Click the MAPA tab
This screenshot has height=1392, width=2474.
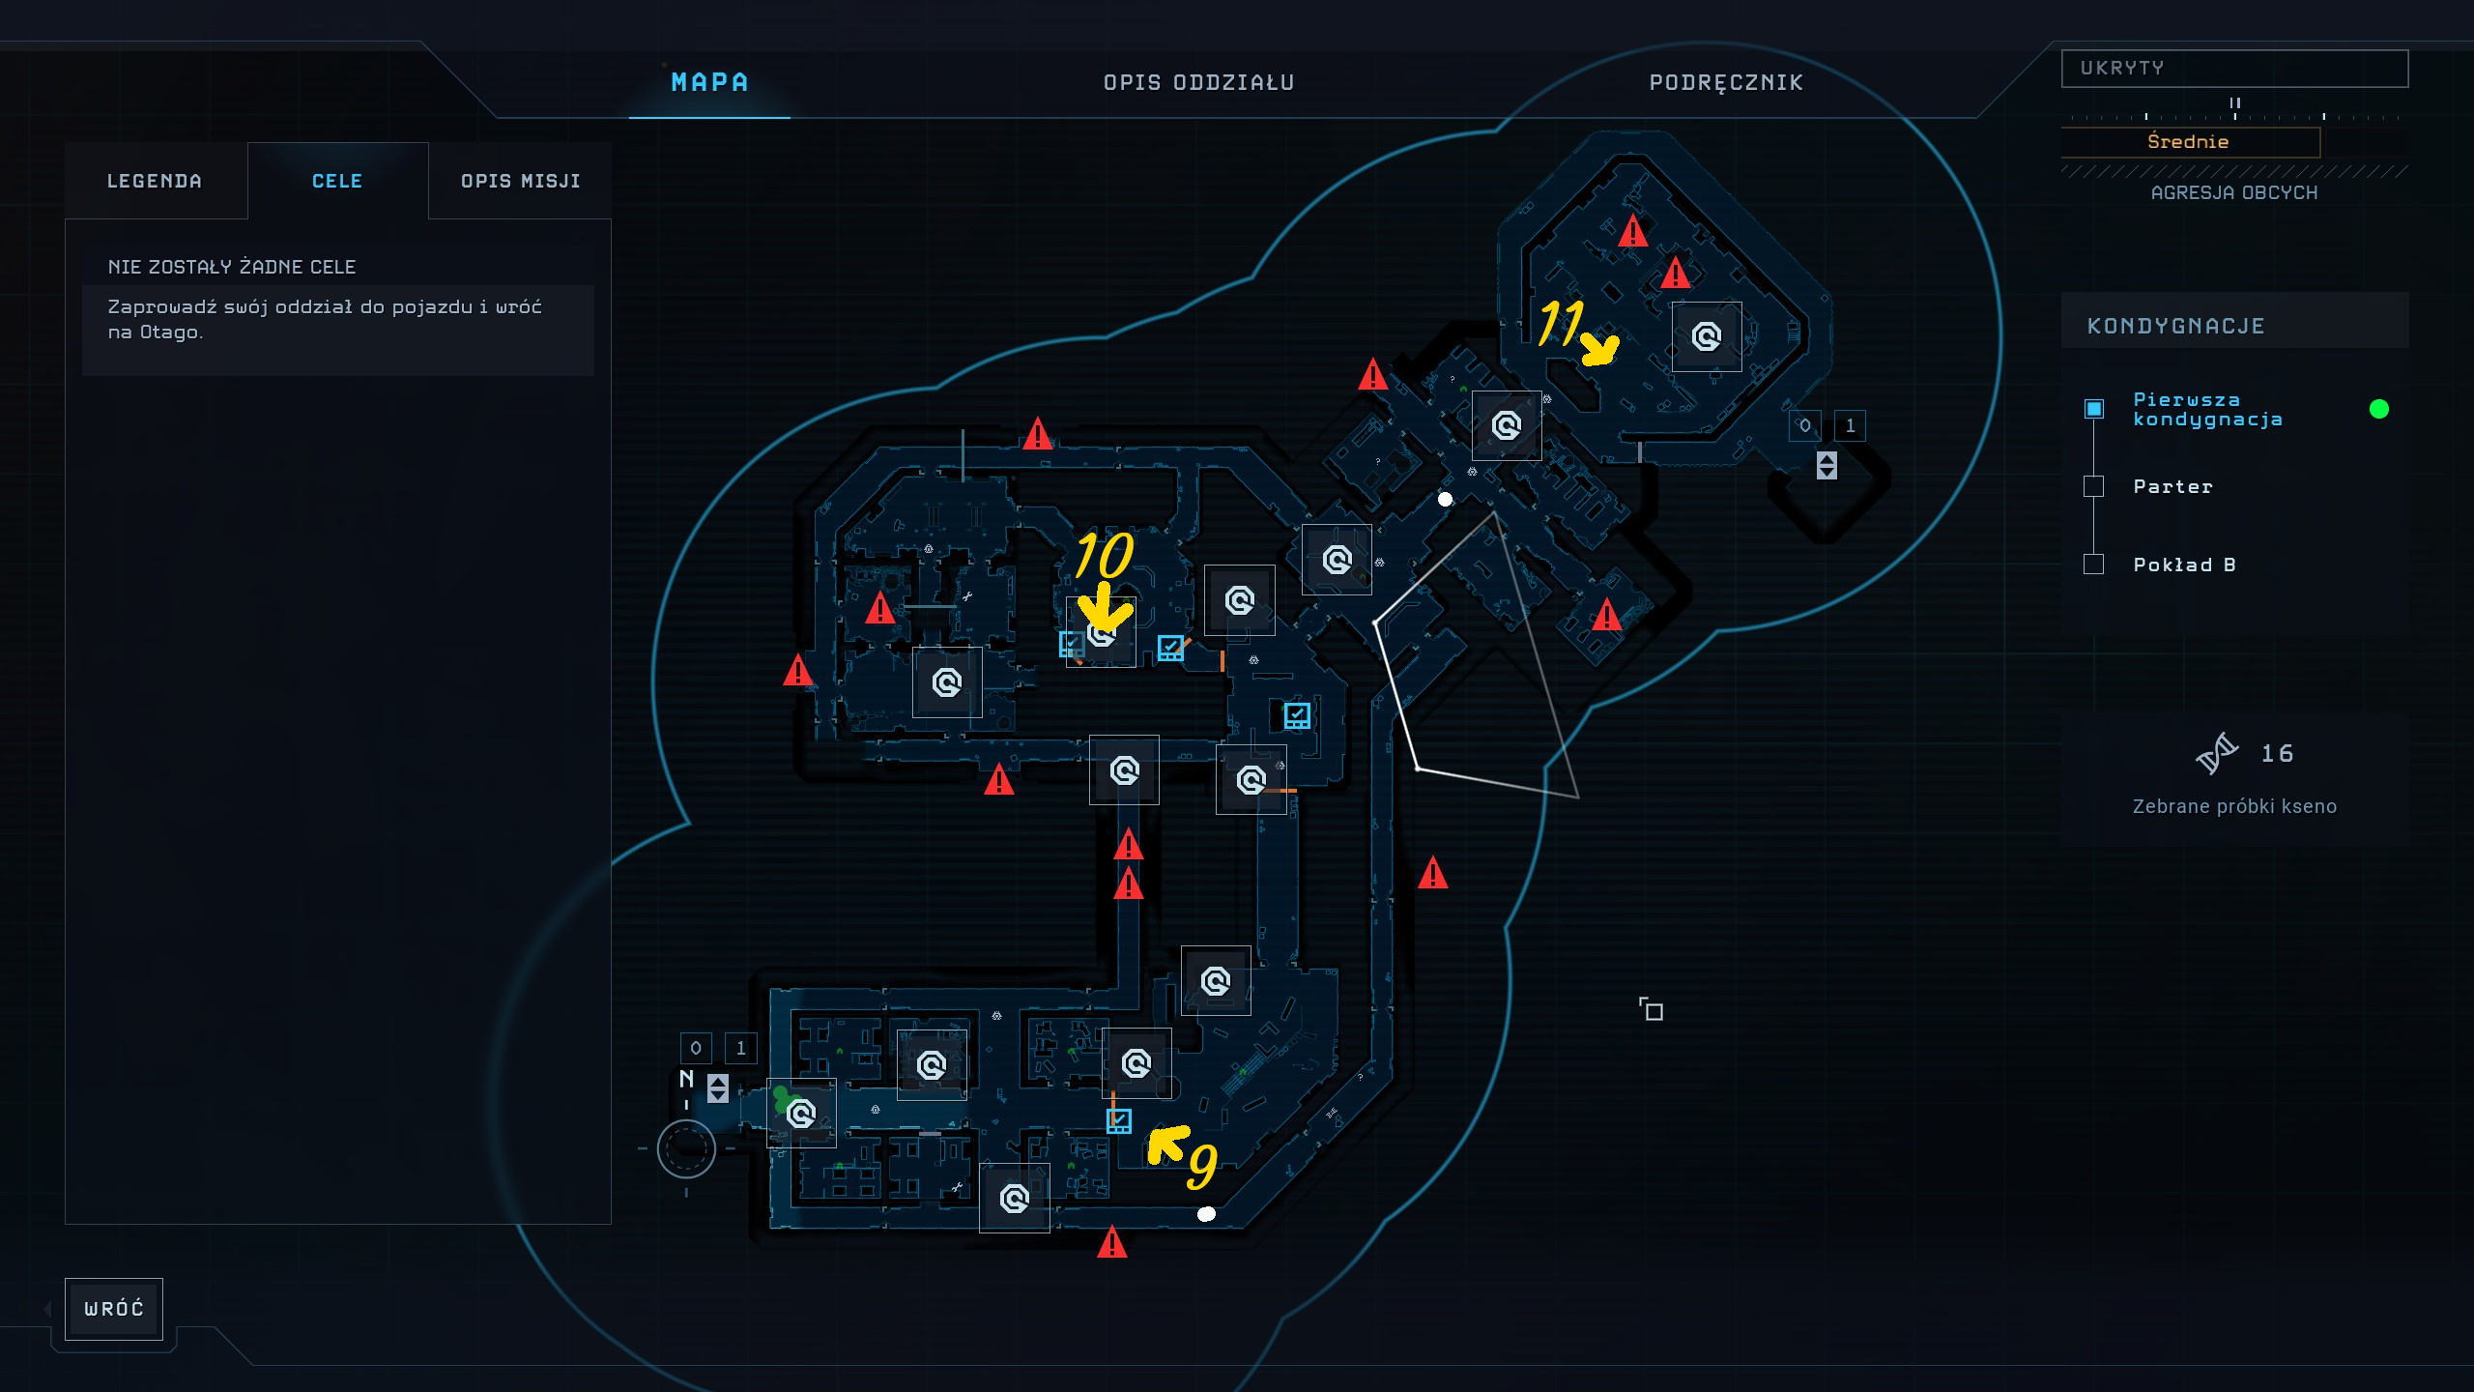click(709, 83)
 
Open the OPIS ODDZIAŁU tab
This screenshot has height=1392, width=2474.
click(1198, 83)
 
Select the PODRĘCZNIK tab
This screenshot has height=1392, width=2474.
click(1726, 83)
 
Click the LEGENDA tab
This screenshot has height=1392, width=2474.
click(155, 182)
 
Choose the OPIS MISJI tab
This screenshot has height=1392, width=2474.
click(520, 182)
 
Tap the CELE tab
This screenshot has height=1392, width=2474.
click(337, 182)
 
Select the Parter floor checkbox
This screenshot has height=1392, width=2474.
click(2093, 486)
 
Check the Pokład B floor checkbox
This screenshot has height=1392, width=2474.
click(2093, 565)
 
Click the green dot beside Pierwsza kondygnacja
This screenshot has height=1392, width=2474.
click(2379, 409)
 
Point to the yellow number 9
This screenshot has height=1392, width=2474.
click(1202, 1165)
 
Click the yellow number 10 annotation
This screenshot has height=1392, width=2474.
click(1104, 555)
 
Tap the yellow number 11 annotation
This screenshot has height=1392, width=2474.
click(1560, 322)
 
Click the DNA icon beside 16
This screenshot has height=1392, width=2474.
click(2216, 754)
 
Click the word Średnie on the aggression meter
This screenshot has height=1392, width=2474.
click(2188, 142)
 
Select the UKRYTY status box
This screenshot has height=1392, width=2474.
click(2234, 69)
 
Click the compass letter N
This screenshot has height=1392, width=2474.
click(687, 1079)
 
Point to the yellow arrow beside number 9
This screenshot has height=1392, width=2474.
click(1166, 1143)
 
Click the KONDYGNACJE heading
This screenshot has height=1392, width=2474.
click(2175, 326)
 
